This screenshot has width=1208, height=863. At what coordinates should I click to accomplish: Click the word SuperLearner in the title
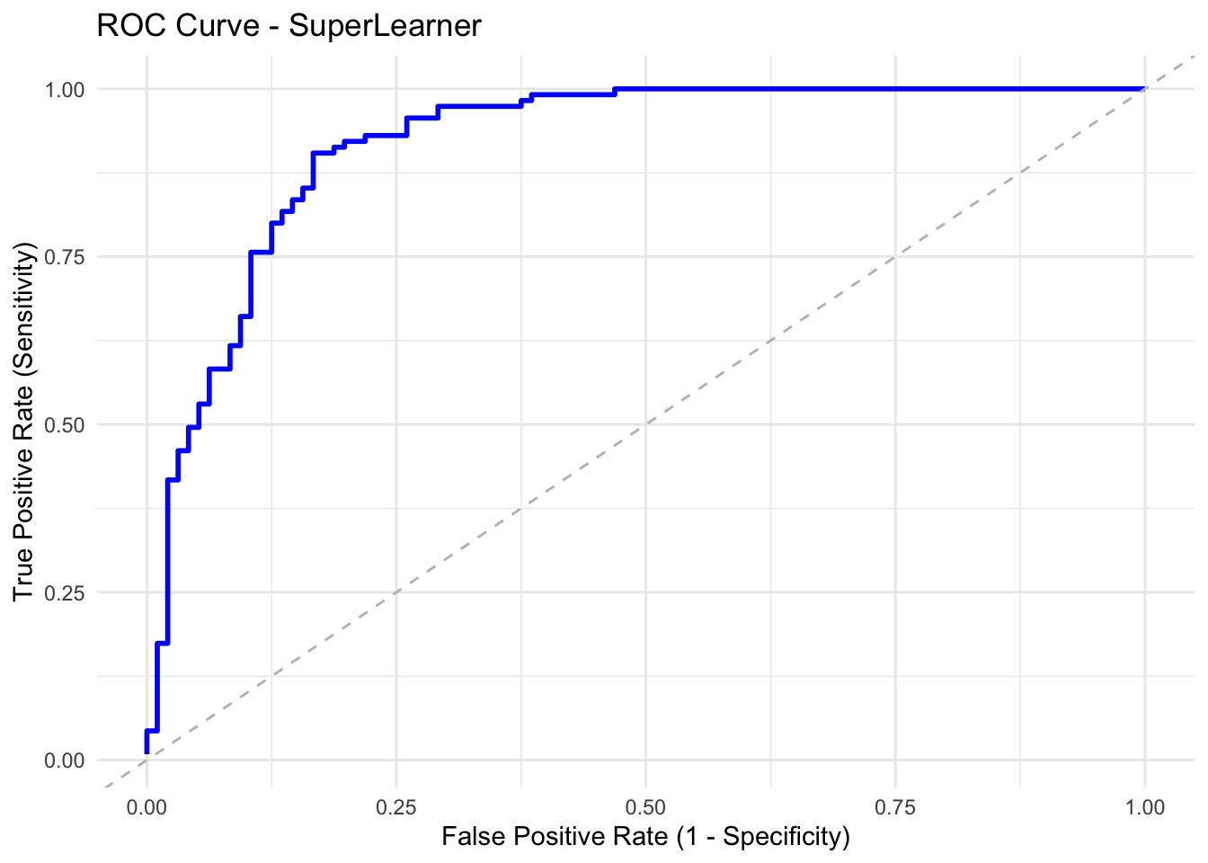point(396,26)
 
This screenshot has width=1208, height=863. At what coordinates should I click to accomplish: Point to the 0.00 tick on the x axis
point(147,807)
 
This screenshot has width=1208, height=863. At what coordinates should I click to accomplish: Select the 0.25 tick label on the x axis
point(396,807)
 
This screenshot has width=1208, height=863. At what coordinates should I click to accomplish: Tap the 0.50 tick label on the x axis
point(645,807)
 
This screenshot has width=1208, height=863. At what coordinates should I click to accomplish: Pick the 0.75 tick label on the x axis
point(895,807)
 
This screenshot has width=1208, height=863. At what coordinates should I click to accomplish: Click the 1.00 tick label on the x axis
point(1144,807)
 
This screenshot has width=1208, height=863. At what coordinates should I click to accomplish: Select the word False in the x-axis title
point(467,837)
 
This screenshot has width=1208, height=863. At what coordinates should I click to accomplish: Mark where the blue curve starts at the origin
point(147,753)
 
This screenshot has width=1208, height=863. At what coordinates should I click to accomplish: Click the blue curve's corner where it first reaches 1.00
point(616,89)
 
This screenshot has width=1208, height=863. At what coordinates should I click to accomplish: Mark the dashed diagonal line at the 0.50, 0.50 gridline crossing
point(645,424)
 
